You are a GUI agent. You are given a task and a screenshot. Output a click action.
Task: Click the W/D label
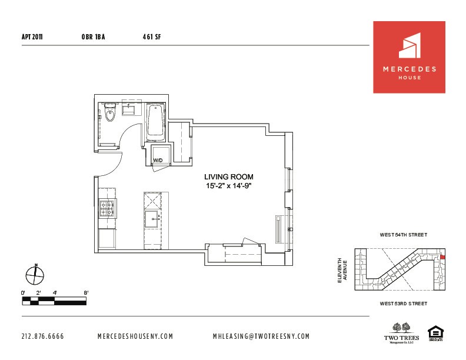158,160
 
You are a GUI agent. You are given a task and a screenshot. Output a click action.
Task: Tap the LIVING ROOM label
229,176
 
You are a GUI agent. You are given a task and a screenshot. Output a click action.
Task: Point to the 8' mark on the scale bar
86,292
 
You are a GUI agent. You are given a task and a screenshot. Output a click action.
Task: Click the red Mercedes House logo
412,57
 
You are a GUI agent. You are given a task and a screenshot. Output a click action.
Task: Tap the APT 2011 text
31,36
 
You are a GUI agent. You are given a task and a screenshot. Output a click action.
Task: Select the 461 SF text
151,36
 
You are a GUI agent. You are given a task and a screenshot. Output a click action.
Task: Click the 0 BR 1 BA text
94,36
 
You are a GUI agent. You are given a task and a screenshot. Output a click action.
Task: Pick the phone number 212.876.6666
42,336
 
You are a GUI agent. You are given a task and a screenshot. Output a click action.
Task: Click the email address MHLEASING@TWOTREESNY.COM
261,336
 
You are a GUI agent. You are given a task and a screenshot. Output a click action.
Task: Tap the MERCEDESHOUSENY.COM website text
135,336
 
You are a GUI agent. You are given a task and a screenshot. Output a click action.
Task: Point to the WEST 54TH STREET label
404,235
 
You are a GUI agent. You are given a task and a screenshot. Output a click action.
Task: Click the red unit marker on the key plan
443,256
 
